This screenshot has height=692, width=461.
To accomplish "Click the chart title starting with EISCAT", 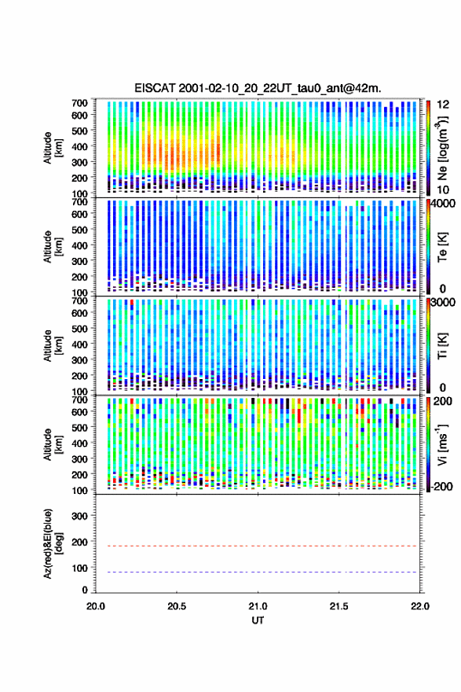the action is click(258, 88).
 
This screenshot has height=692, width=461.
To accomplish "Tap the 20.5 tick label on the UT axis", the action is click(176, 606).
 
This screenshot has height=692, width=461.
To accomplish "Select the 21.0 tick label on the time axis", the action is click(258, 606).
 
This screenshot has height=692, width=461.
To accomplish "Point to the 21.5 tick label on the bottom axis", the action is click(338, 606).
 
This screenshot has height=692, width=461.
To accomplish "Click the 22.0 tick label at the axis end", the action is click(419, 606).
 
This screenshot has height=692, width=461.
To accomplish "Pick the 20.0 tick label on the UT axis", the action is click(96, 606).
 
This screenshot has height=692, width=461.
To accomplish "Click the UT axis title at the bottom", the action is click(258, 620).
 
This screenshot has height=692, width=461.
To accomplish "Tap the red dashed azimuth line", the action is click(256, 546).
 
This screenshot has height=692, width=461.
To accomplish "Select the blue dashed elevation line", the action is click(256, 572).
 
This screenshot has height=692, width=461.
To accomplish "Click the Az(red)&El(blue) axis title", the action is click(52, 543).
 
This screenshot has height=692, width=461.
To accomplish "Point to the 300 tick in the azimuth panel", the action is click(80, 516).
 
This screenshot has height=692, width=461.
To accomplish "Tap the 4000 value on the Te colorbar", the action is click(444, 204).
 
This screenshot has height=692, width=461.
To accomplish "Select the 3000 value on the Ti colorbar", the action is click(444, 302).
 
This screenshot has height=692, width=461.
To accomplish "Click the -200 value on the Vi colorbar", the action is click(442, 486).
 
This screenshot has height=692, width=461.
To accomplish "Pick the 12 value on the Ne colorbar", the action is click(443, 105).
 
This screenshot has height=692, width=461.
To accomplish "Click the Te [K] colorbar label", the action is click(442, 247).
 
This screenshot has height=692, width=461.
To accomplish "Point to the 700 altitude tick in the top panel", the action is click(80, 103).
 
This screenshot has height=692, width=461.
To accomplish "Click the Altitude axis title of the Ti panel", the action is click(52, 346).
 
